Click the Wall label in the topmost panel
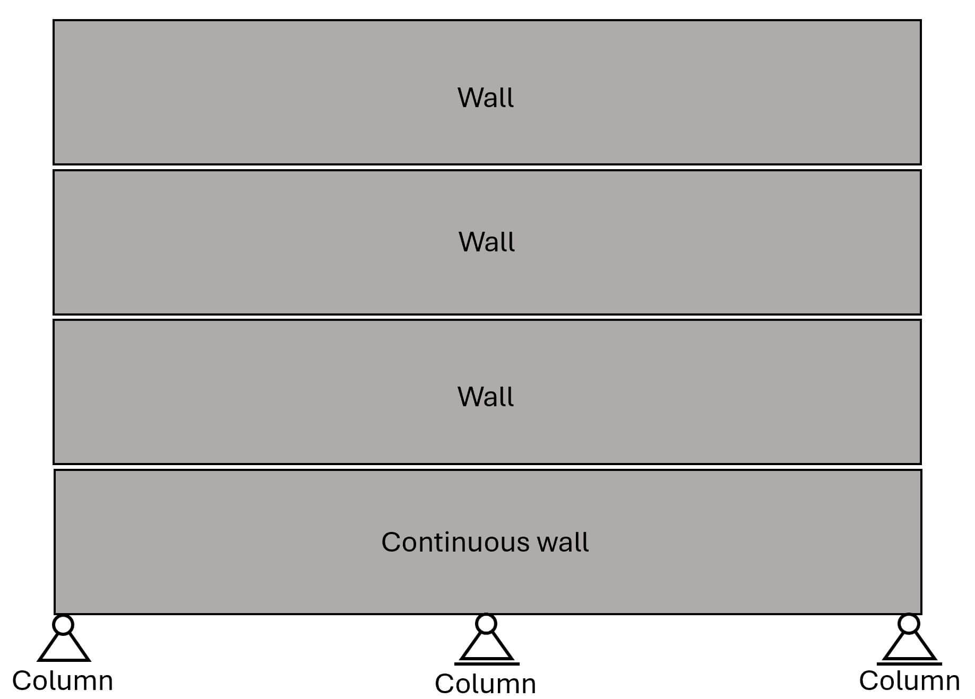click(x=486, y=98)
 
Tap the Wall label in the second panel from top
click(x=487, y=242)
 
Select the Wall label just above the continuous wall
click(x=486, y=397)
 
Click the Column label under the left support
click(x=63, y=680)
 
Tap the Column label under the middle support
click(x=485, y=684)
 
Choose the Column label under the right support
click(x=909, y=680)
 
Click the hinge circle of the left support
click(x=63, y=625)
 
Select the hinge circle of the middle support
click(x=486, y=624)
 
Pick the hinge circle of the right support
click(x=909, y=624)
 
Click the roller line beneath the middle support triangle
click(x=487, y=663)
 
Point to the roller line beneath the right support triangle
click(x=909, y=663)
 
